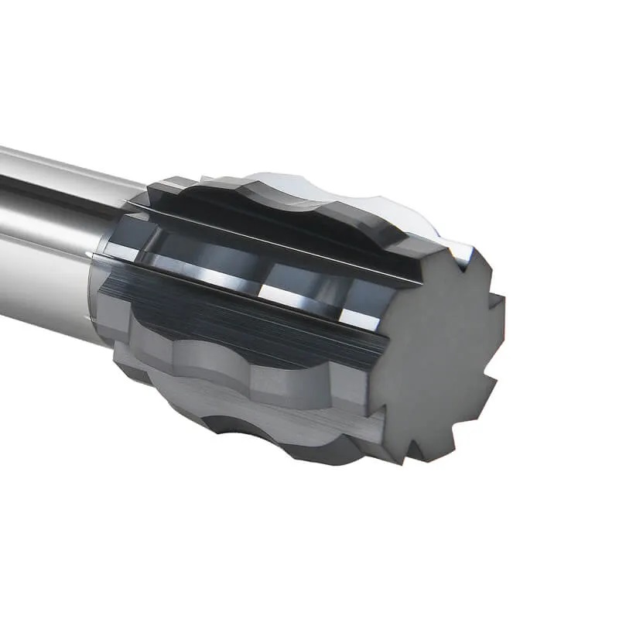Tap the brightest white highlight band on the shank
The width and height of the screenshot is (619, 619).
point(46,166)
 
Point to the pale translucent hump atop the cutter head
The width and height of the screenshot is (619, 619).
point(348,193)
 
